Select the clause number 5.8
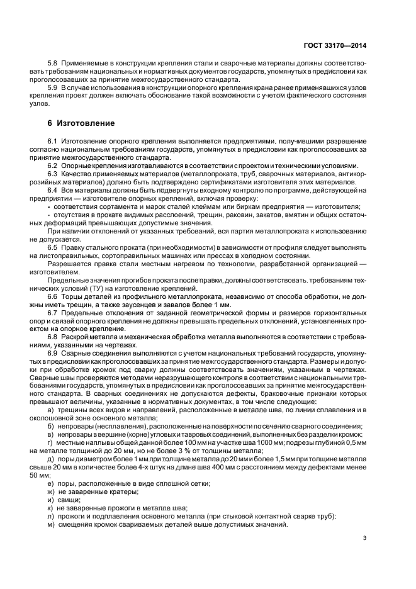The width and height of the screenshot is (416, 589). coord(53,64)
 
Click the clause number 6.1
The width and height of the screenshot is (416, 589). coord(53,142)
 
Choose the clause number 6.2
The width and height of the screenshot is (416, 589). coord(53,165)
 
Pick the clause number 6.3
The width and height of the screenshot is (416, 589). coord(53,173)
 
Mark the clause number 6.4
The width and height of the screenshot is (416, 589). coord(53,189)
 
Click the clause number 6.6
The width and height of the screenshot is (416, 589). coord(53,295)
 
